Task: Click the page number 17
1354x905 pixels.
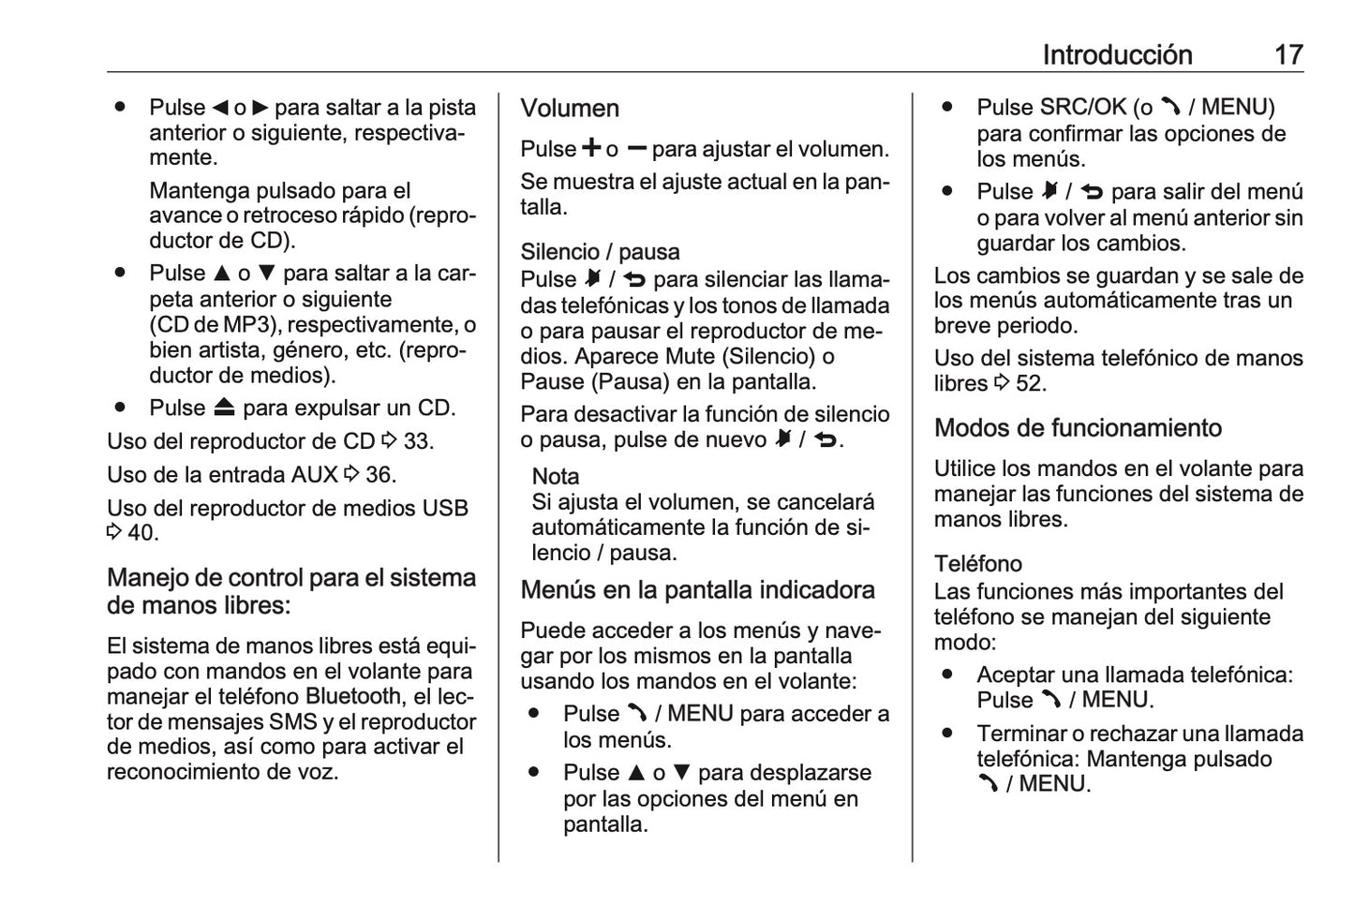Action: pos(1288,54)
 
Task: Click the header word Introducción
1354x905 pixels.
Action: pos(1117,54)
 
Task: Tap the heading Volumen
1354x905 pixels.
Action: pos(570,109)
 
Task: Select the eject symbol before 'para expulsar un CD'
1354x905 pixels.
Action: pos(224,408)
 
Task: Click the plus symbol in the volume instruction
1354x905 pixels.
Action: pos(591,148)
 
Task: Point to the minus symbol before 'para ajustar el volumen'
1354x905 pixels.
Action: pos(637,148)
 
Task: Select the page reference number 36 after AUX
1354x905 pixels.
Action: pos(379,475)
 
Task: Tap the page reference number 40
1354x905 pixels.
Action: pos(141,533)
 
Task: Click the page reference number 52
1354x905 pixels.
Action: pos(1030,383)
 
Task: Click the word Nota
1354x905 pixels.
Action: pos(556,476)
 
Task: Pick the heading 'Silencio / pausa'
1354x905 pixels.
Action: pos(600,252)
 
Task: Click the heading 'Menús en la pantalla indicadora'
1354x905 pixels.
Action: pos(697,590)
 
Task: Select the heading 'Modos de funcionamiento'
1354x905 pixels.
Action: pos(1078,428)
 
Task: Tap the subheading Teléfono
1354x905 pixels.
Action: pos(977,563)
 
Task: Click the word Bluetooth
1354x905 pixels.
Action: pos(353,696)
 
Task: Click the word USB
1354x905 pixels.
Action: pos(445,508)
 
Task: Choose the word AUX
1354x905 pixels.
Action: pos(314,475)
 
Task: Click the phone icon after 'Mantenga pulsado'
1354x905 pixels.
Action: pos(987,784)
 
